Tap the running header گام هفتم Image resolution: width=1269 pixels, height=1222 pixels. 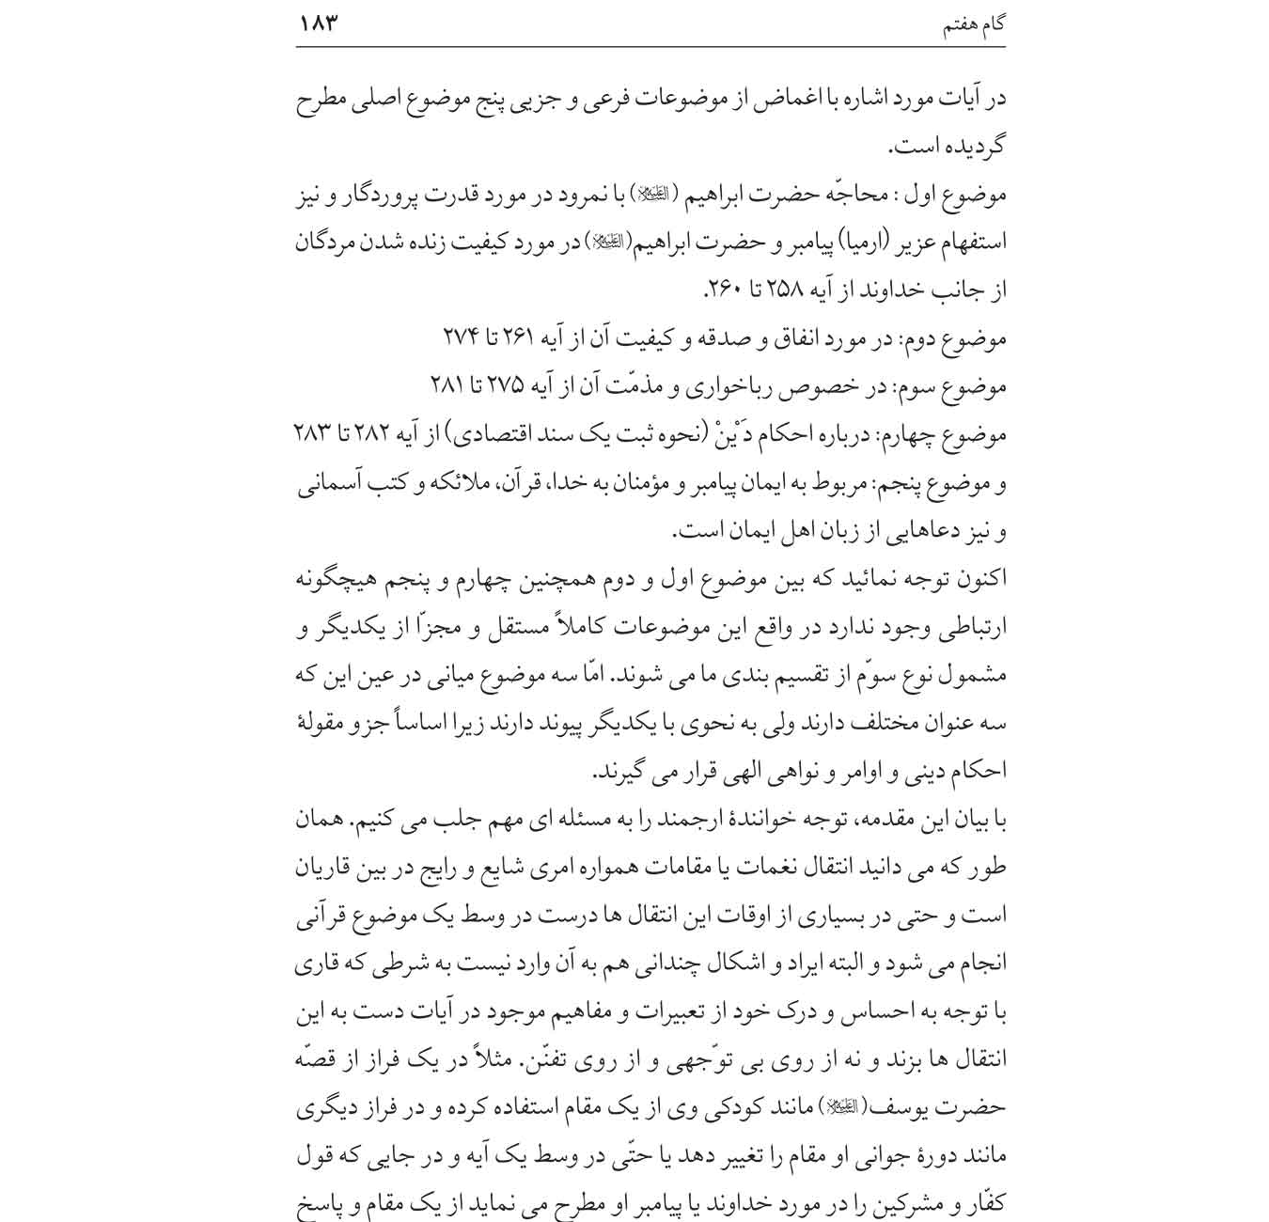tap(974, 24)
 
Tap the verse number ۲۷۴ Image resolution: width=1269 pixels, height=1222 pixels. tap(461, 337)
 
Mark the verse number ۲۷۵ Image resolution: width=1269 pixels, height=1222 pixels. tap(521, 386)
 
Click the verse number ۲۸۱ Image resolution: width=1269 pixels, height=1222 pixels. tap(446, 386)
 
